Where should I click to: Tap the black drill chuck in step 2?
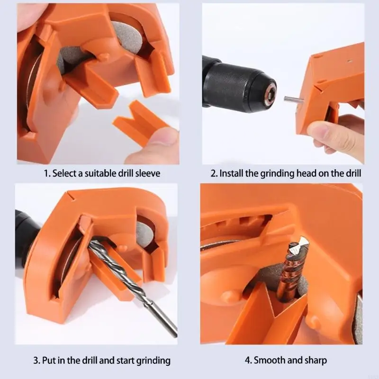tap(242, 85)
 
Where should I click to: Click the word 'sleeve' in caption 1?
tap(147, 173)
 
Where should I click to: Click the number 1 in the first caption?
tap(46, 173)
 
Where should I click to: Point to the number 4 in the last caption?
tap(247, 361)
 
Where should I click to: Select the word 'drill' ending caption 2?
tap(351, 173)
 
